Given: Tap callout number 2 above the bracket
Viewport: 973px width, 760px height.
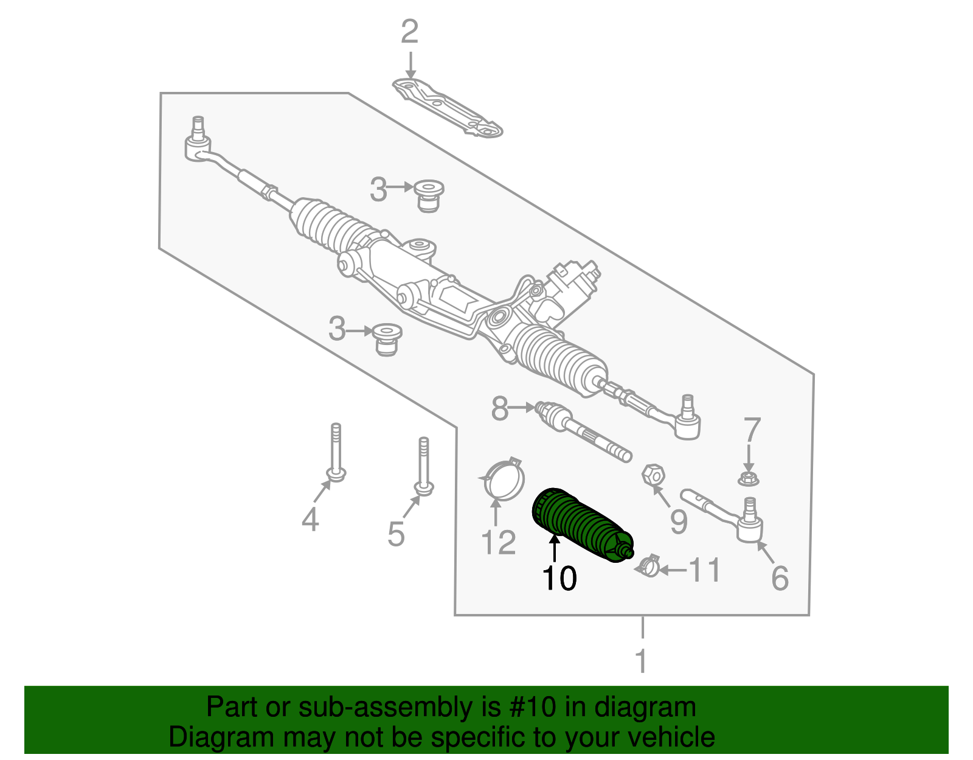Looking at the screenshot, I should [x=410, y=32].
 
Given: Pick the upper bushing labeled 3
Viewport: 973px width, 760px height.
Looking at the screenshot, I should [x=429, y=195].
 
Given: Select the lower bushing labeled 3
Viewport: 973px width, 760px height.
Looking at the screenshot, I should [x=387, y=340].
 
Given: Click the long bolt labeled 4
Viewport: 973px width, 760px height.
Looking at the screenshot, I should [x=336, y=453].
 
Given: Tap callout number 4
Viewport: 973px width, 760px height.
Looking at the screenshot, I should [x=310, y=520].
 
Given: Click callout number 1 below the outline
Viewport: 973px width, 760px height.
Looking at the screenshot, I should [x=642, y=661].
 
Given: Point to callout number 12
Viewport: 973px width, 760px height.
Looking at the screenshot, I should [x=499, y=543].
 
